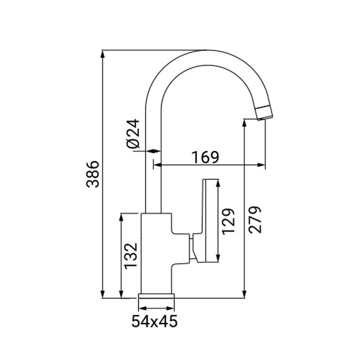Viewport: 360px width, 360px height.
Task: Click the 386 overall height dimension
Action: pos(93,173)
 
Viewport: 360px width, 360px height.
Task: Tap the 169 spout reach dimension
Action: pos(205,157)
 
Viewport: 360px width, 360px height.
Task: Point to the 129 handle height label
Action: pos(229,220)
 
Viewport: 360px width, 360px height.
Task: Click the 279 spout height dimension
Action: pos(254,219)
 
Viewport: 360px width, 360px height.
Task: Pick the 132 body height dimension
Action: pos(130,256)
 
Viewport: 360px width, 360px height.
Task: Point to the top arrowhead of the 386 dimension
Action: pos(103,53)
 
